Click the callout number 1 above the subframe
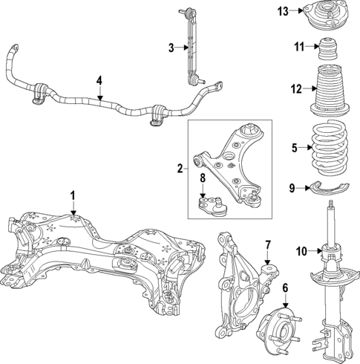pos(73,195)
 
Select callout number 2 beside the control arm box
pos(180,169)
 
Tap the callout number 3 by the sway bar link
pos(171,48)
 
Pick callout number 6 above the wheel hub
pos(285,289)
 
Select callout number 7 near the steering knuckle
pos(269,244)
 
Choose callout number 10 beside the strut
pos(300,250)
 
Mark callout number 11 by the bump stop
pos(298,48)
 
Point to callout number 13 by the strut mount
pos(283,11)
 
